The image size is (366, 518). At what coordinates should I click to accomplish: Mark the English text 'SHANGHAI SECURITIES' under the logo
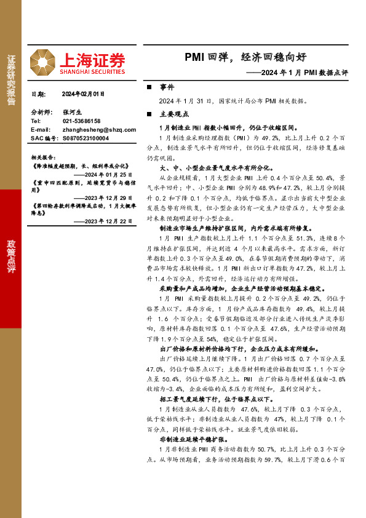[92, 72]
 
